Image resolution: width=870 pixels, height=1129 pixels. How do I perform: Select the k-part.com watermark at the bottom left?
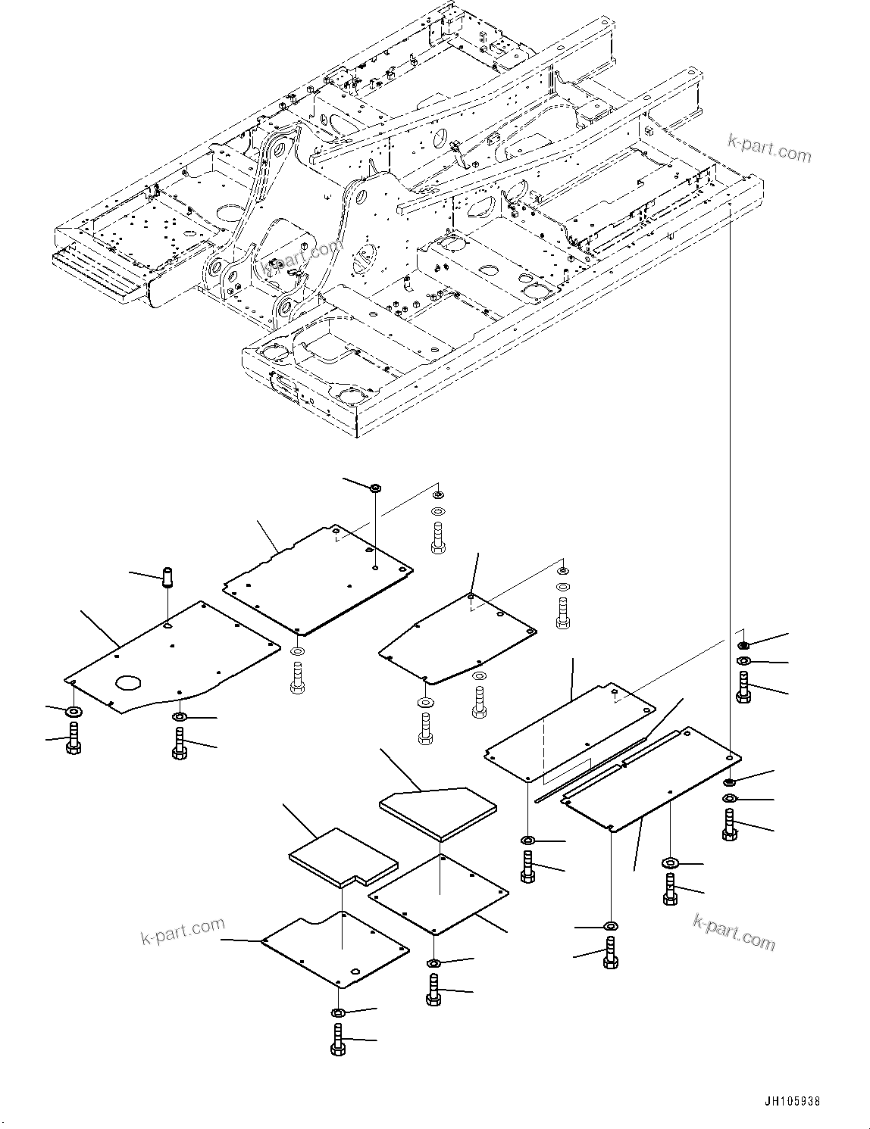pyautogui.click(x=183, y=931)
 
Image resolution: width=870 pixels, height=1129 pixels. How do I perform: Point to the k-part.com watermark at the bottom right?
pyautogui.click(x=734, y=931)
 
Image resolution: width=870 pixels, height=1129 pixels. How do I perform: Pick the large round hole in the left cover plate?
pyautogui.click(x=129, y=682)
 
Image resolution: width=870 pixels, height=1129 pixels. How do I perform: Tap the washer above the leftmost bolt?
pyautogui.click(x=74, y=712)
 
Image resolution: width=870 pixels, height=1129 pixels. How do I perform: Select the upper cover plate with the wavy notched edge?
pyautogui.click(x=318, y=579)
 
